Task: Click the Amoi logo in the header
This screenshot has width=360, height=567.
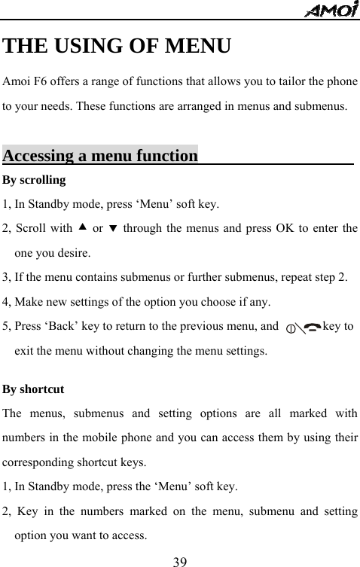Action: coord(332,9)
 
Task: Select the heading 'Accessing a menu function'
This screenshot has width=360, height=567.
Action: coord(100,156)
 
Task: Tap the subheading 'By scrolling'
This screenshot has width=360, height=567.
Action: coord(34,180)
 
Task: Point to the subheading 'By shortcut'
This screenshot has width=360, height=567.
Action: coord(34,390)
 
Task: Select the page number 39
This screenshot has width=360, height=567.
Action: coord(180,560)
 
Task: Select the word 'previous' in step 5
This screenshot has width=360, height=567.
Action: coord(197,328)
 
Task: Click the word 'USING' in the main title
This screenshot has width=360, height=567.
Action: coord(87,47)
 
